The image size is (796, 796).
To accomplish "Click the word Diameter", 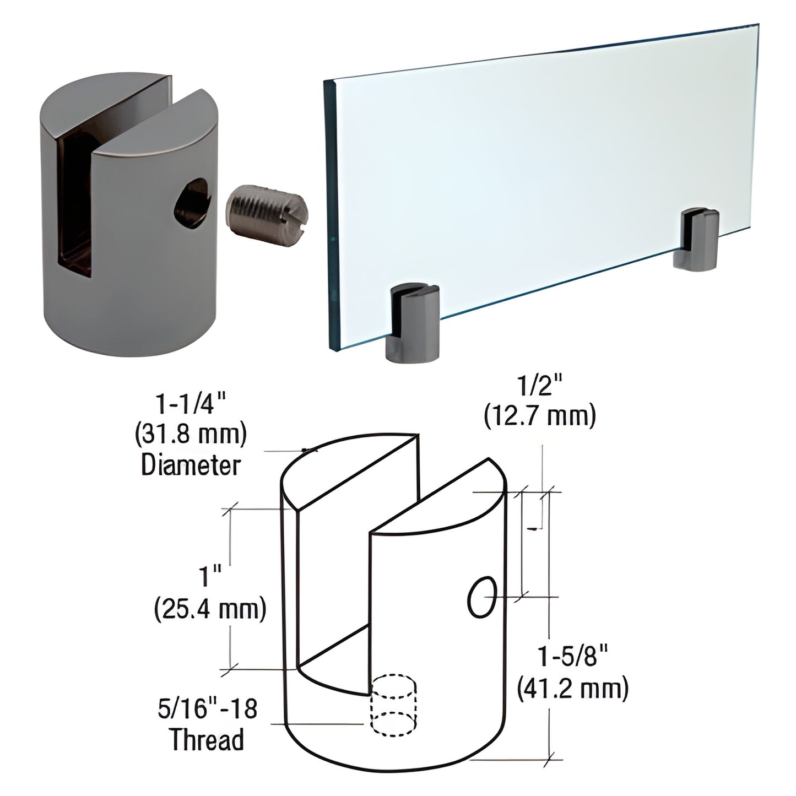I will pos(191,465).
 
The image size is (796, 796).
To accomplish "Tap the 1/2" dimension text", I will pos(539,387).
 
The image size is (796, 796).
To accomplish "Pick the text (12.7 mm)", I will pos(539,416).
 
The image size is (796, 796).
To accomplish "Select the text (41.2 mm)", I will pos(573,689).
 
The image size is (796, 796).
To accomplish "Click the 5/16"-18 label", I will pos(206,708).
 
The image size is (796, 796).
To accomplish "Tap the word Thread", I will pos(207,739).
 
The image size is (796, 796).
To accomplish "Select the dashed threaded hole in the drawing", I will pos(393,707).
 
